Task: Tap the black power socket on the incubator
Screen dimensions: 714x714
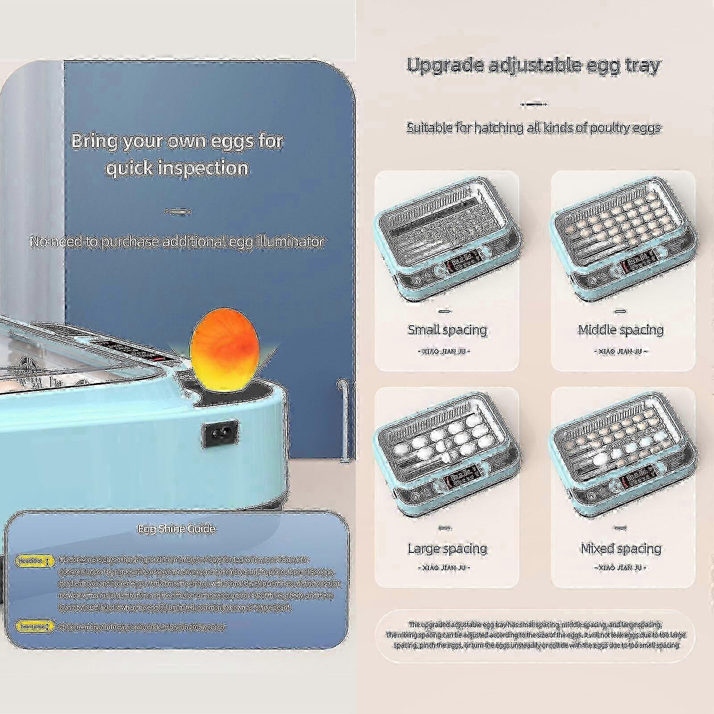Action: [220, 434]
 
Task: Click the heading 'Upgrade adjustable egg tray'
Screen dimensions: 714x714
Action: [533, 65]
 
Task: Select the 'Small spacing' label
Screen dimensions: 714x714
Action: [447, 330]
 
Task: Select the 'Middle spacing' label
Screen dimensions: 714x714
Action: [621, 330]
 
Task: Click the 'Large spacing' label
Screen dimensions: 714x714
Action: [447, 548]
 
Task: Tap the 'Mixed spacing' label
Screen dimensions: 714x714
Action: [621, 548]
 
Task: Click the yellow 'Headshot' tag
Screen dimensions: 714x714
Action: [35, 561]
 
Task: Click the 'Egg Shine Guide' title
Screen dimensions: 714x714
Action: [177, 529]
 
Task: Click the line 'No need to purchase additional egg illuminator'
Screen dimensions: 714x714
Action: [177, 241]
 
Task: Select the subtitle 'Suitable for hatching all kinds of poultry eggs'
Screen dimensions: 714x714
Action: [533, 128]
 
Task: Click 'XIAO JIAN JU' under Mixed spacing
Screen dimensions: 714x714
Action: [620, 568]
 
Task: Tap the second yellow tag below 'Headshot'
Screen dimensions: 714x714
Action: [35, 627]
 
